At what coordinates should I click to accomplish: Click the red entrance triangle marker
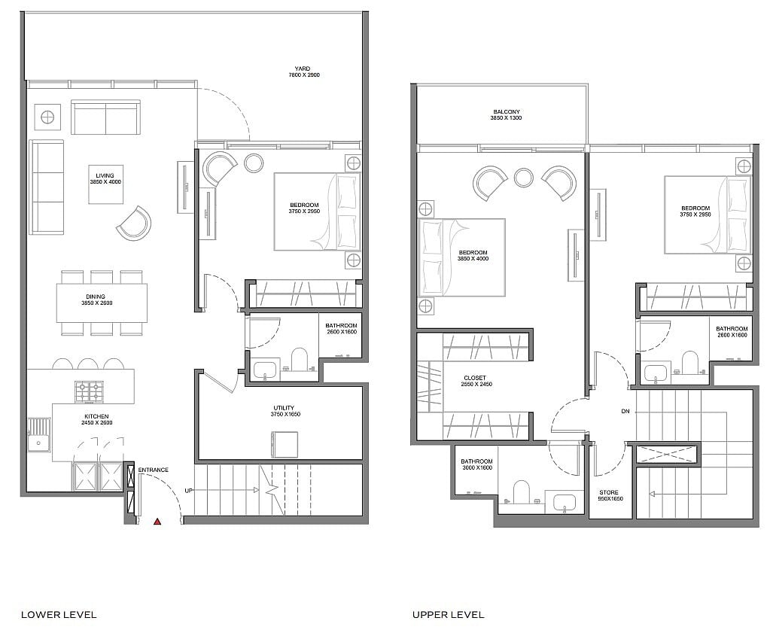coord(157,521)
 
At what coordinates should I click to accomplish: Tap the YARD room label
coord(303,68)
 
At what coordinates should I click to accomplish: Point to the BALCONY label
coord(507,112)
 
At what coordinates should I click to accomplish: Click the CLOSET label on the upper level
coord(475,378)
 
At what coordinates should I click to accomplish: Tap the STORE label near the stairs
coord(609,492)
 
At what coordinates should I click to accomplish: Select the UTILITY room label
coord(284,408)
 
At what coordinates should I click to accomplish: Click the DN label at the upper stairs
coord(625,411)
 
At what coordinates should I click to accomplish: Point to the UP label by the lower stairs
coord(188,491)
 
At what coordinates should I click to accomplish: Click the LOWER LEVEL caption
coord(59,615)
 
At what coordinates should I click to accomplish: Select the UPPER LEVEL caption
coord(448,615)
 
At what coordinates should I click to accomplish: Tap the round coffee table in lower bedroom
coord(254,163)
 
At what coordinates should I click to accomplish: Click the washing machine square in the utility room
coord(285,445)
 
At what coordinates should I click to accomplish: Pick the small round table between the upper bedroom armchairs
coord(523,178)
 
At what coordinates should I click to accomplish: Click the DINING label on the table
coord(96,297)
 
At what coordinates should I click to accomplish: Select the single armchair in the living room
coord(133,224)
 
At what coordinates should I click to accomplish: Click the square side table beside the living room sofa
coord(48,117)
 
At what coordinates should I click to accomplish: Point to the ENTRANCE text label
coord(153,470)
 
